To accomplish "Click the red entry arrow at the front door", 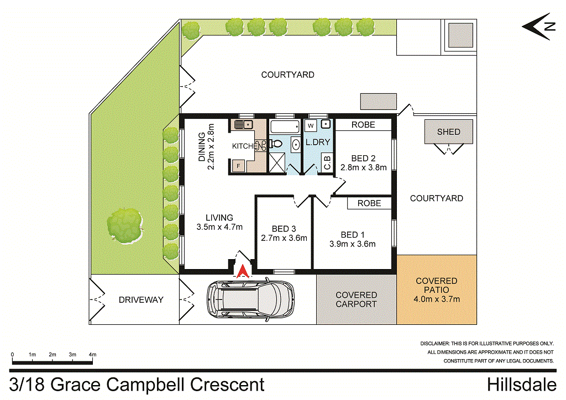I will point(242,271).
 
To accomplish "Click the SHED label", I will point(448,132).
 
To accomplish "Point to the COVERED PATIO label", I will point(437,281).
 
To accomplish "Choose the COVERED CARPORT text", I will point(356,299).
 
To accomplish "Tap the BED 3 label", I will point(284,229).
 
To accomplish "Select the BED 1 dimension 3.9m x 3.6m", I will point(352,244).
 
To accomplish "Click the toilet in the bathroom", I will point(277,144).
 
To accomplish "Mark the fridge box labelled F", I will point(239,166).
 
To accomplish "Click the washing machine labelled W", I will point(311,126).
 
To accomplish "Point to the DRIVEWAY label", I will point(141,299).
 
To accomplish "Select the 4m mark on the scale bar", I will point(92,355).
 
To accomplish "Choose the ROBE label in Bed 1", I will point(369,203).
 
